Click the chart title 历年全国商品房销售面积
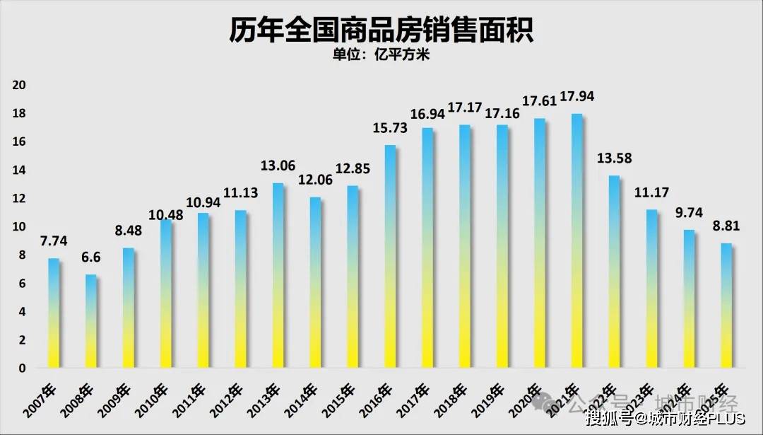tap(381, 30)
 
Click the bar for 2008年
tap(91, 322)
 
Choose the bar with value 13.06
tap(278, 275)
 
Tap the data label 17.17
tap(464, 108)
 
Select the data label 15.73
tap(390, 128)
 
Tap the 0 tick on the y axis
tap(23, 369)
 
